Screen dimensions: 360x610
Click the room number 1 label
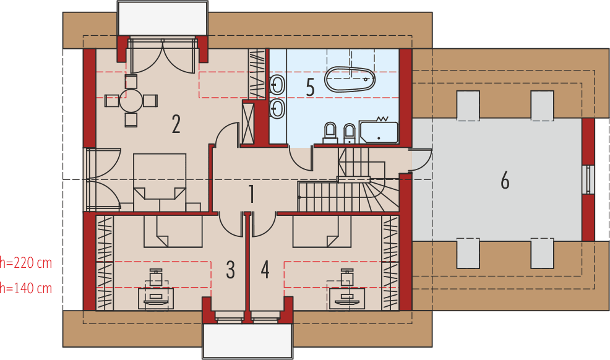click(251, 194)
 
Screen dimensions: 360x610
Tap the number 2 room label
click(176, 124)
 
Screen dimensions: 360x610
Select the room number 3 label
click(230, 270)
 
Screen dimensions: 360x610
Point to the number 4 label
click(265, 270)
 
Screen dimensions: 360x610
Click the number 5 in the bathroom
click(310, 87)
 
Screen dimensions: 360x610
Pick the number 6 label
click(505, 181)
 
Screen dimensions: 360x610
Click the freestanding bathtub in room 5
click(350, 79)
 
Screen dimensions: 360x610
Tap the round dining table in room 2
click(131, 100)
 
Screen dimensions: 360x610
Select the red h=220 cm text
click(25, 264)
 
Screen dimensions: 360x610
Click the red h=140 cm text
click(25, 288)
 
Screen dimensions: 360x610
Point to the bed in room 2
click(160, 176)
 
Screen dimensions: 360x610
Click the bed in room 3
click(173, 230)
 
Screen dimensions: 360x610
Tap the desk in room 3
click(160, 297)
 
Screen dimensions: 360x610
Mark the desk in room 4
click(344, 297)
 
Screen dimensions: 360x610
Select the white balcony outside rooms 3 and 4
click(247, 340)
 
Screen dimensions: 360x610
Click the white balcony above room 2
click(162, 18)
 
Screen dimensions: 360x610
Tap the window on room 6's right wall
click(588, 179)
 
